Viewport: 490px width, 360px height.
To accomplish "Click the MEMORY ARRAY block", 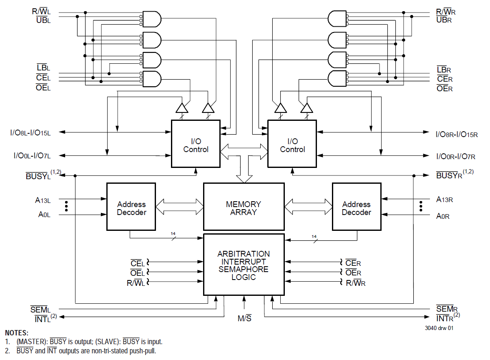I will [244, 207].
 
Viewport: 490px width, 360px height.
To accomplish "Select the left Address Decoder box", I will [131, 207].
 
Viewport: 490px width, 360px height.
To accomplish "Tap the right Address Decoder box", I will [356, 207].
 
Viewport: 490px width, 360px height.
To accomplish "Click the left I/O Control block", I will [196, 144].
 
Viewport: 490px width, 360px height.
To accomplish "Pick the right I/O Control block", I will [292, 144].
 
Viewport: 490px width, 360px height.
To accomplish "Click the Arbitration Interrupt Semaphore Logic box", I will [244, 265].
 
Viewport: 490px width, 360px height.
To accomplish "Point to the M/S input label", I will [244, 319].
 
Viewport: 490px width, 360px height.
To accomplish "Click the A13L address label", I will [43, 200].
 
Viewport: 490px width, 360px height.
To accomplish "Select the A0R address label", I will [442, 216].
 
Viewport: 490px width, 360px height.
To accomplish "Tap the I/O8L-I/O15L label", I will [30, 133].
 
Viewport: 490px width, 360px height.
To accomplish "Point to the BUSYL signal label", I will [38, 176].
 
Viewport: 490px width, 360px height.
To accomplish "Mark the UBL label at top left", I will [43, 20].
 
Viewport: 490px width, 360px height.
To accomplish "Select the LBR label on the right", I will [444, 70].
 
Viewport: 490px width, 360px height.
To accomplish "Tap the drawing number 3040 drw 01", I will [439, 328].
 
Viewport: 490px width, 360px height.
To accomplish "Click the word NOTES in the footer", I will [17, 333].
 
